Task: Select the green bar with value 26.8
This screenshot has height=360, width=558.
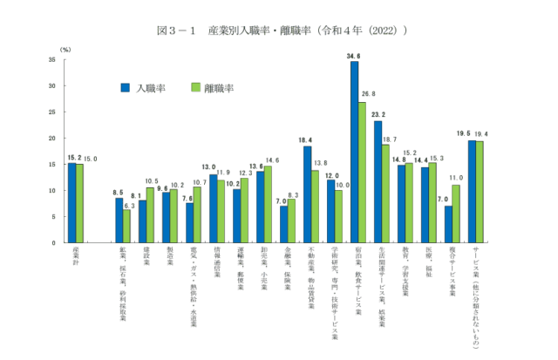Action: (363, 172)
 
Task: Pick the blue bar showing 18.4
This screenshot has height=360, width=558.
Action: (308, 194)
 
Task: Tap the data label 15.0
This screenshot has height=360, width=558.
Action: (90, 158)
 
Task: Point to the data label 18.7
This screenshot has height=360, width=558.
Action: (390, 139)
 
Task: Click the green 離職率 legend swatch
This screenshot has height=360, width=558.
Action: (196, 88)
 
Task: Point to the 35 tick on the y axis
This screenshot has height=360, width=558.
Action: (53, 60)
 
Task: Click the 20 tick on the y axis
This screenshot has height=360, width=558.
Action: (53, 138)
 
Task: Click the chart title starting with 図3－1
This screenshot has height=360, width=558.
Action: (281, 31)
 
